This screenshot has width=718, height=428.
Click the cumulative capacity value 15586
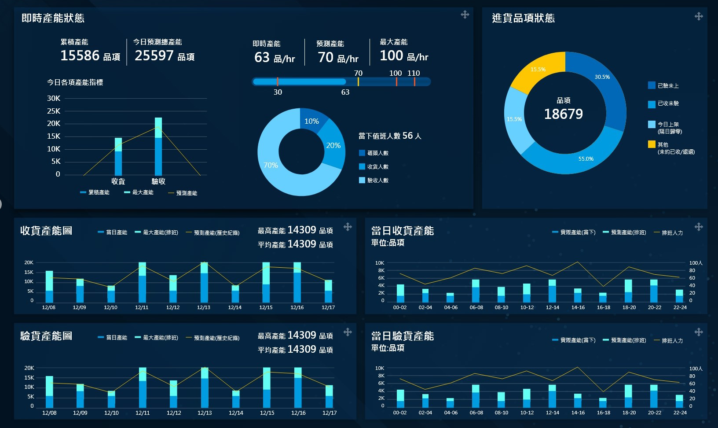click(80, 55)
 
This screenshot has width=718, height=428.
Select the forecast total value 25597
click(154, 55)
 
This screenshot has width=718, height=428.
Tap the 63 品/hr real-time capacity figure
click(274, 57)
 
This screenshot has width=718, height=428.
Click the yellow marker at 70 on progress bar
click(358, 81)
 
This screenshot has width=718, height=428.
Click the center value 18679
click(564, 114)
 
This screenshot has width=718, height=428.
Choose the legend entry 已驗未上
click(667, 85)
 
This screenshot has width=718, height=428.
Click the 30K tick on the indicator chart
click(54, 98)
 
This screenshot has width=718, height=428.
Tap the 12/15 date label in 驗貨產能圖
click(267, 413)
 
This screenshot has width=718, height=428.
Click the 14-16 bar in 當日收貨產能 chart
click(578, 296)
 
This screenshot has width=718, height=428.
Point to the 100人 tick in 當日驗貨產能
click(696, 369)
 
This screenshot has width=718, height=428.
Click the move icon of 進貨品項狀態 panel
click(699, 17)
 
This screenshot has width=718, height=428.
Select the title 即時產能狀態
click(53, 18)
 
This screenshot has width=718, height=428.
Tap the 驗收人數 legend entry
click(377, 180)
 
